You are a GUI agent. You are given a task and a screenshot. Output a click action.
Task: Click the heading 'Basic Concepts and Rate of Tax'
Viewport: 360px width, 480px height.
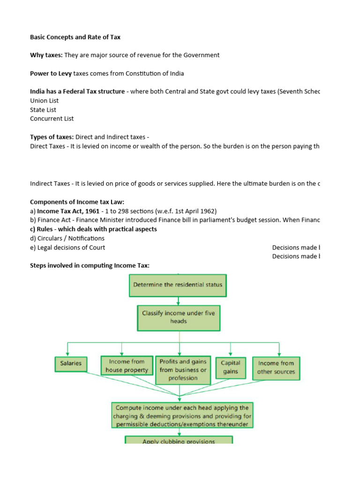[75, 37]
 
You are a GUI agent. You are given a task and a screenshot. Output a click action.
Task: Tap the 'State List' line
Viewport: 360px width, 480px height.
[43, 110]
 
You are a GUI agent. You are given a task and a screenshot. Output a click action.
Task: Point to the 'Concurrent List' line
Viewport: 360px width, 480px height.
[52, 119]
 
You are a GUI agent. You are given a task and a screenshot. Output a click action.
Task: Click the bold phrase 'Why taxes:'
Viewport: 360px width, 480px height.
[46, 55]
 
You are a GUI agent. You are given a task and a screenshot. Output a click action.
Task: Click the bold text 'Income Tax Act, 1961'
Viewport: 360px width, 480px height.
[68, 211]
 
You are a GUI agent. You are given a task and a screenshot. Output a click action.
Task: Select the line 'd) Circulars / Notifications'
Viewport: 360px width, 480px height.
[67, 238]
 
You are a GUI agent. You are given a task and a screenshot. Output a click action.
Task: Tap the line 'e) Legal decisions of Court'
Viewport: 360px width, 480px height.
[67, 247]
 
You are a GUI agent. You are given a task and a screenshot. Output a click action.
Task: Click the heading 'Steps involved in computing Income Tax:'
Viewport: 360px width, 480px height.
[90, 265]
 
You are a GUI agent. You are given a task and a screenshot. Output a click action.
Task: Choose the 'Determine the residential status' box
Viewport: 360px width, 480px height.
[178, 285]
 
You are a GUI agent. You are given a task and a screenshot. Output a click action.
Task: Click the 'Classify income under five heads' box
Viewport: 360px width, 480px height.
[178, 317]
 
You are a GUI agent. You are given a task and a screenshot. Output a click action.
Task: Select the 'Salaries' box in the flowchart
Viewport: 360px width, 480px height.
[71, 363]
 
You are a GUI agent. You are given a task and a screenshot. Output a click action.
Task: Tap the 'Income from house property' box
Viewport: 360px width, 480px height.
[127, 366]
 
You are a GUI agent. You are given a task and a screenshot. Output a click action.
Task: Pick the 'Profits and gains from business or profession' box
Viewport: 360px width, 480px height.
[183, 370]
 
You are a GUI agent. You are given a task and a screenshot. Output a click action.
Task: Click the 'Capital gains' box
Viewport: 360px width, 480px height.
[231, 367]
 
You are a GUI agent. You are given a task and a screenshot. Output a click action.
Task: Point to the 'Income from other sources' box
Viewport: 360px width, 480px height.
[276, 367]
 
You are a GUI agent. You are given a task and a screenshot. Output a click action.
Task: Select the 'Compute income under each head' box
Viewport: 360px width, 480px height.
[182, 415]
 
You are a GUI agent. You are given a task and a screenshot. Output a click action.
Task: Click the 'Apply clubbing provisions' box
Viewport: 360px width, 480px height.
[179, 441]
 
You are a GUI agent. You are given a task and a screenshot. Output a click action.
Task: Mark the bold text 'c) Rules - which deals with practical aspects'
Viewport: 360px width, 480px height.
[93, 229]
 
